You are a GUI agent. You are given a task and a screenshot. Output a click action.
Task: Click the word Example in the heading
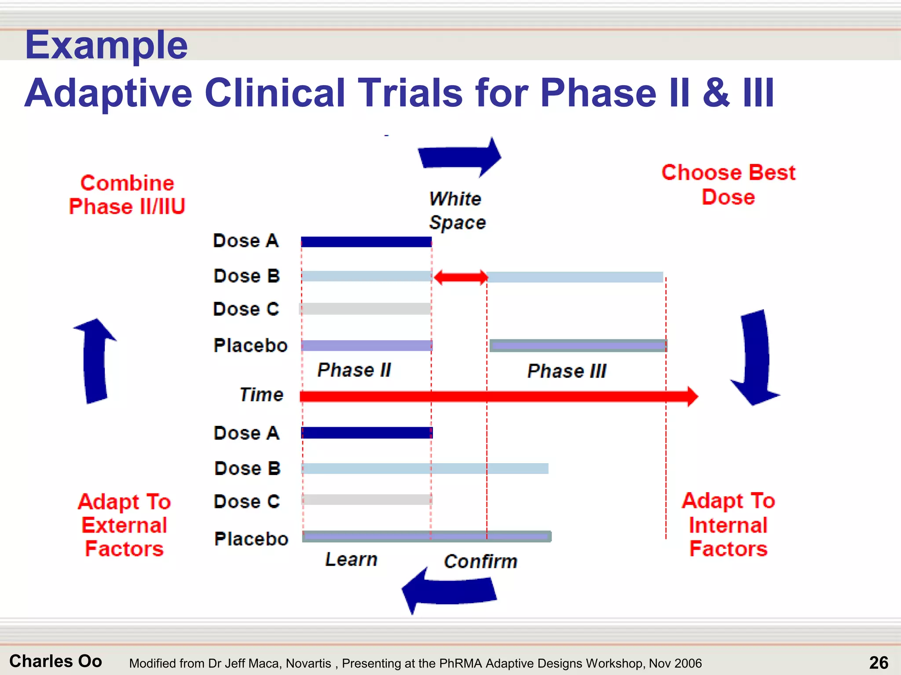[106, 45]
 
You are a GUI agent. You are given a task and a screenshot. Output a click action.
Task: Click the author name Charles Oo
[56, 661]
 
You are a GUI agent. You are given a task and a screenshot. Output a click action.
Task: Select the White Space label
[457, 210]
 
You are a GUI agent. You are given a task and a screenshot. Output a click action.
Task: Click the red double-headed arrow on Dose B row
[461, 277]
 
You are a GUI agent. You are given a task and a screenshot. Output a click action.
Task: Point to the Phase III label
[567, 371]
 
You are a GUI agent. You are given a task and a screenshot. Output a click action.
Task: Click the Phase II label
[354, 370]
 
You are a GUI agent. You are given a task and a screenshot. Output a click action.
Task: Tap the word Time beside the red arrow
[261, 395]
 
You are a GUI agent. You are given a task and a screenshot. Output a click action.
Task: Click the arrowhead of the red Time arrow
[692, 396]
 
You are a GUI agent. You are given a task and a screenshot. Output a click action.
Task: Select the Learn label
[351, 559]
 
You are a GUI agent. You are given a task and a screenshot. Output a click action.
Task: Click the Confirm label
[480, 562]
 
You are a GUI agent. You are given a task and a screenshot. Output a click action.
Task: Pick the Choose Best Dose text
[728, 185]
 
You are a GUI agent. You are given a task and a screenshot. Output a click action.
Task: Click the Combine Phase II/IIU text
[127, 195]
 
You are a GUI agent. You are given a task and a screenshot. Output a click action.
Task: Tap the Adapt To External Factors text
[125, 525]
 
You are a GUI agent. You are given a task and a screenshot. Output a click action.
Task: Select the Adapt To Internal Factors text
[728, 525]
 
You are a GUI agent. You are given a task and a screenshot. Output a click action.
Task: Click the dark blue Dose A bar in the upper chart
[366, 242]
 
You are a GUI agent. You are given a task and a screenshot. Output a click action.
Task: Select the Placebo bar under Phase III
[578, 345]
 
